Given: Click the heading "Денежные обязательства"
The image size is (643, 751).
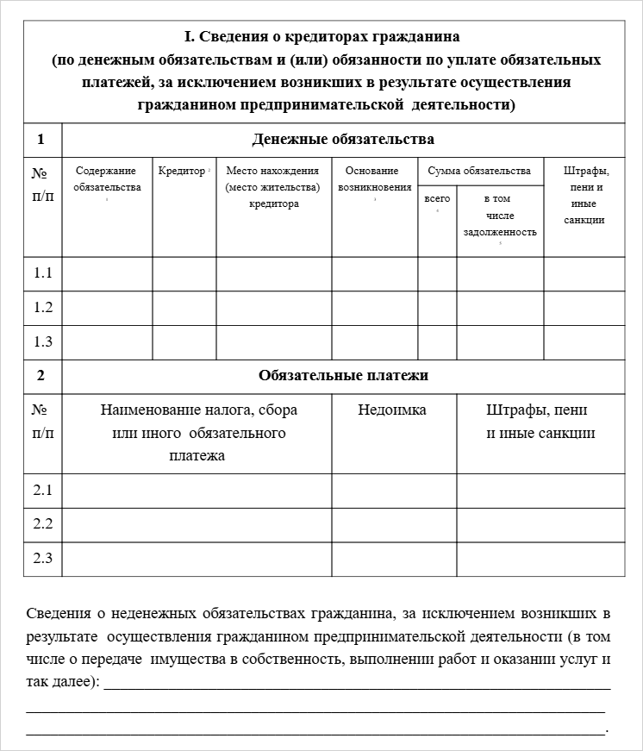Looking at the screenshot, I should pyautogui.click(x=343, y=140).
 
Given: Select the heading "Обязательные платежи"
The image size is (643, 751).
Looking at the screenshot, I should pyautogui.click(x=343, y=376).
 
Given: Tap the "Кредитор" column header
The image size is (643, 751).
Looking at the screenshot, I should pyautogui.click(x=182, y=171).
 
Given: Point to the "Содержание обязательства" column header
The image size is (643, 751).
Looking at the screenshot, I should pyautogui.click(x=107, y=179).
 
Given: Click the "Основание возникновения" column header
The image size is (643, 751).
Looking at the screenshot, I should pyautogui.click(x=374, y=179).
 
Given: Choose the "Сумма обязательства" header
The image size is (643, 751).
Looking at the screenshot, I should pyautogui.click(x=479, y=171).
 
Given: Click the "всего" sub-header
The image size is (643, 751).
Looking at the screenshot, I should pyautogui.click(x=437, y=199).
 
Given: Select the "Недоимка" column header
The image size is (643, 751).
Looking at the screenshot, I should pyautogui.click(x=392, y=410).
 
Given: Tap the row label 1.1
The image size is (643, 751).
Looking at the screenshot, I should pyautogui.click(x=43, y=273).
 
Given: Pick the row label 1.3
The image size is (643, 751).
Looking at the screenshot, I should pyautogui.click(x=43, y=341).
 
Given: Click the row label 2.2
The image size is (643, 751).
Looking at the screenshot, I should pyautogui.click(x=43, y=524).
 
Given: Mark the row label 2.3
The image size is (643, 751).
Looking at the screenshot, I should pyautogui.click(x=43, y=558).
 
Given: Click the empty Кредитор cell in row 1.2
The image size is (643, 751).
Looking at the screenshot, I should pyautogui.click(x=184, y=308).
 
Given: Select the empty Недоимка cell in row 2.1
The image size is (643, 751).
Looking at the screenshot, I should pyautogui.click(x=394, y=491).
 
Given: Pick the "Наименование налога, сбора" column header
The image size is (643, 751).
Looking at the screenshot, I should pyautogui.click(x=197, y=410).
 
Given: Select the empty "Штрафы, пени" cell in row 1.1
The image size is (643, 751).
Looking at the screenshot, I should pyautogui.click(x=584, y=273).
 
